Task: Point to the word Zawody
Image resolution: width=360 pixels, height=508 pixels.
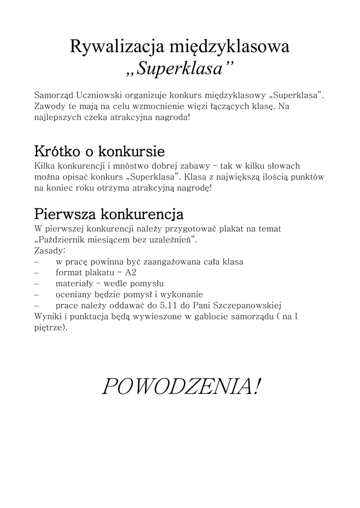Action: (48, 107)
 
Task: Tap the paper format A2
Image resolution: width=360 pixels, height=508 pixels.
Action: (131, 273)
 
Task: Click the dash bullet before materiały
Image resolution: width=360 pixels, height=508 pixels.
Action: (37, 284)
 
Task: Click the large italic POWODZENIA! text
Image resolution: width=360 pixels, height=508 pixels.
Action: (180, 387)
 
